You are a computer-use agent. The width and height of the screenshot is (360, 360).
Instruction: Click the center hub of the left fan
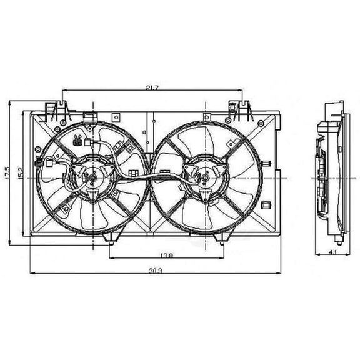pyautogui.click(x=92, y=178)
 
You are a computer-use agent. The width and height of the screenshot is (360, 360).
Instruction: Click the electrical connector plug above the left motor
pyautogui.click(x=77, y=141)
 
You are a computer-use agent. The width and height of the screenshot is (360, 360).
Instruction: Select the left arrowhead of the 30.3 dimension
pyautogui.click(x=31, y=273)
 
